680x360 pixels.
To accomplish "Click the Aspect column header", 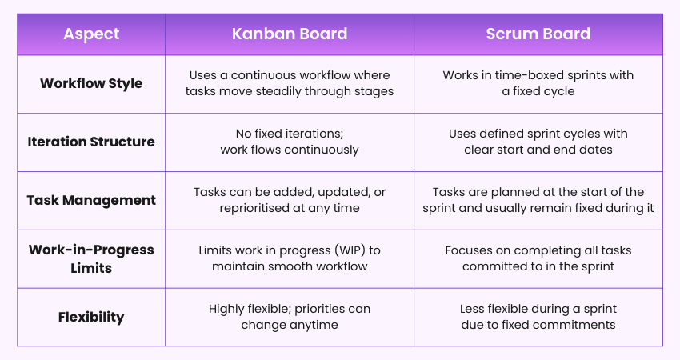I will click(91, 34).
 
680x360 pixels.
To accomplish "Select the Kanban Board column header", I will click(290, 34).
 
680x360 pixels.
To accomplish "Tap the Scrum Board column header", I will click(538, 34).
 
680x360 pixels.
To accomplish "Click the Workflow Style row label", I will click(91, 83).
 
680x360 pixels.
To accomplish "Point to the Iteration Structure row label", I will click(91, 142).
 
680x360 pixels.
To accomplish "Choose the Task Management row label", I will click(91, 200).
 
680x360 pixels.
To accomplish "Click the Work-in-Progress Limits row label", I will click(91, 258).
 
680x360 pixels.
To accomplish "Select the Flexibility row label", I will click(91, 317).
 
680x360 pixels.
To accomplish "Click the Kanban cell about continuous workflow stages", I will click(290, 83).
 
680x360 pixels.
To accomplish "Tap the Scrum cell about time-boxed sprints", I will click(538, 83).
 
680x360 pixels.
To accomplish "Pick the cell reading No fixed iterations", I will click(290, 142).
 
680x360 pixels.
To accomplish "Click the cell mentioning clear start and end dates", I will click(538, 142).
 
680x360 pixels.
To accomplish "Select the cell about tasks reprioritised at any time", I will click(290, 200).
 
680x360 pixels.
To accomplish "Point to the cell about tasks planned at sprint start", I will click(538, 200).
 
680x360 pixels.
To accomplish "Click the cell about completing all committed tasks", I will click(538, 258).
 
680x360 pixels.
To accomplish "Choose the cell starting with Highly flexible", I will click(290, 317).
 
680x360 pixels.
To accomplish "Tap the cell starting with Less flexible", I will click(538, 317).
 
